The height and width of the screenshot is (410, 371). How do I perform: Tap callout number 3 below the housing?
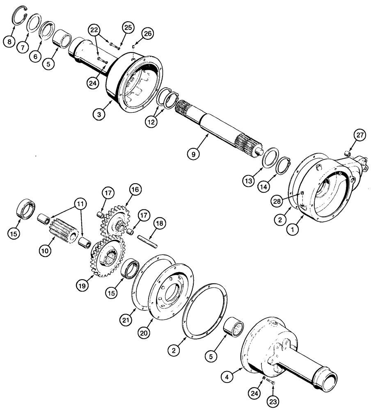click(99, 115)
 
